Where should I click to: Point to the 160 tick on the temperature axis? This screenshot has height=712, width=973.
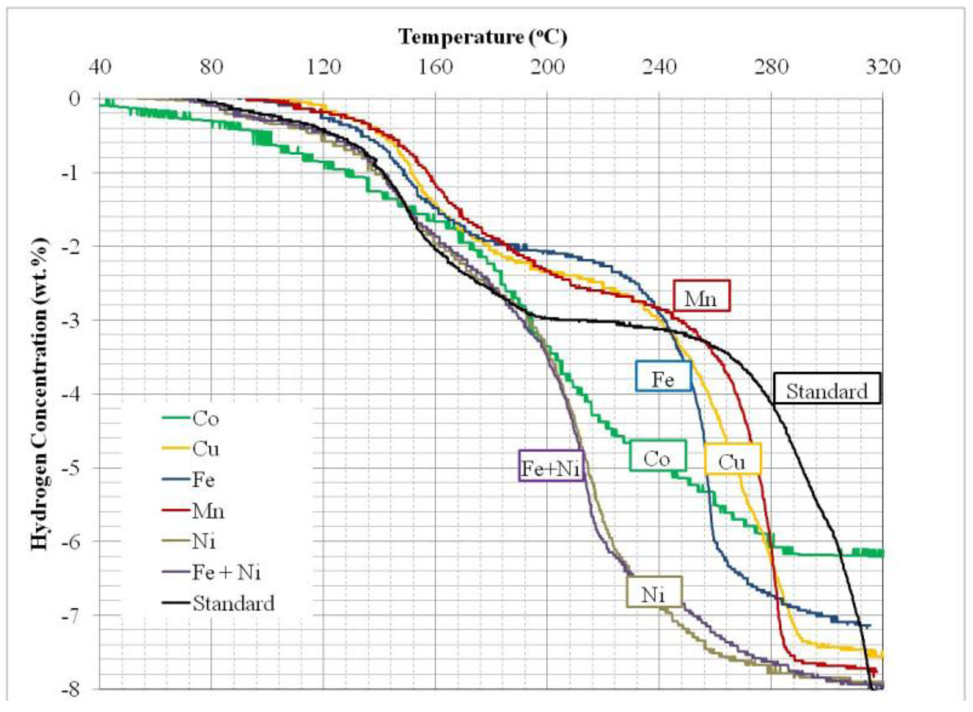tap(435, 67)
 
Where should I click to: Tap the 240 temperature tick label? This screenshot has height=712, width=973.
tap(659, 67)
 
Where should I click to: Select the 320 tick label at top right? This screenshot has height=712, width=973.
tap(883, 67)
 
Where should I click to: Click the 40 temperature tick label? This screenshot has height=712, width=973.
tap(100, 67)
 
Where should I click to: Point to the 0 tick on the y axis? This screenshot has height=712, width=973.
tap(75, 99)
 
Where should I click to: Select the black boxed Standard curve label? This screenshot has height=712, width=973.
tap(826, 391)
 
